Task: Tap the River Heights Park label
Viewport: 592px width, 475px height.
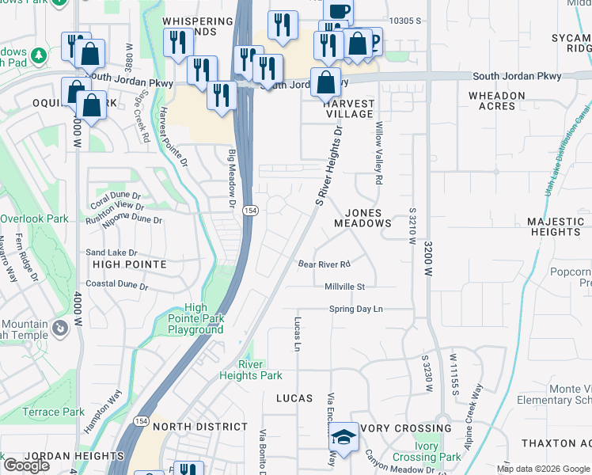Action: click(260, 370)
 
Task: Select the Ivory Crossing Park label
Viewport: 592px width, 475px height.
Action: click(438, 452)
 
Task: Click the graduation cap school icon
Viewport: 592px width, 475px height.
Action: click(343, 438)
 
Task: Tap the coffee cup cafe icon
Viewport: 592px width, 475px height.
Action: click(338, 12)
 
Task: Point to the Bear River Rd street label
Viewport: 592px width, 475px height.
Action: click(324, 264)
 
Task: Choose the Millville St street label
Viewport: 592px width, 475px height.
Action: click(344, 287)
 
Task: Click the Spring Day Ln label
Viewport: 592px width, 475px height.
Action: click(355, 309)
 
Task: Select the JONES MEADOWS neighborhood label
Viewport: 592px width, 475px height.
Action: click(368, 218)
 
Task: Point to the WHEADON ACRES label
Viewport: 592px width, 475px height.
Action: click(496, 101)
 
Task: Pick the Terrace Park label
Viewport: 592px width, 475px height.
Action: click(53, 412)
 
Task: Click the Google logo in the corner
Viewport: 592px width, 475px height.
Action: click(25, 465)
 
